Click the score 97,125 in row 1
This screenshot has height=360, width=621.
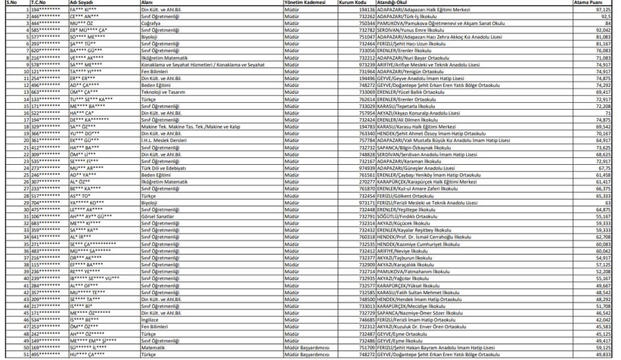pyautogui.click(x=603, y=10)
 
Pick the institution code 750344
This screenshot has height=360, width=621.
pyautogui.click(x=366, y=23)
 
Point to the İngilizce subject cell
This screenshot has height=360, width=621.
pyautogui.click(x=151, y=318)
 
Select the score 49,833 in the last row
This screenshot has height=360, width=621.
pyautogui.click(x=603, y=353)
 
